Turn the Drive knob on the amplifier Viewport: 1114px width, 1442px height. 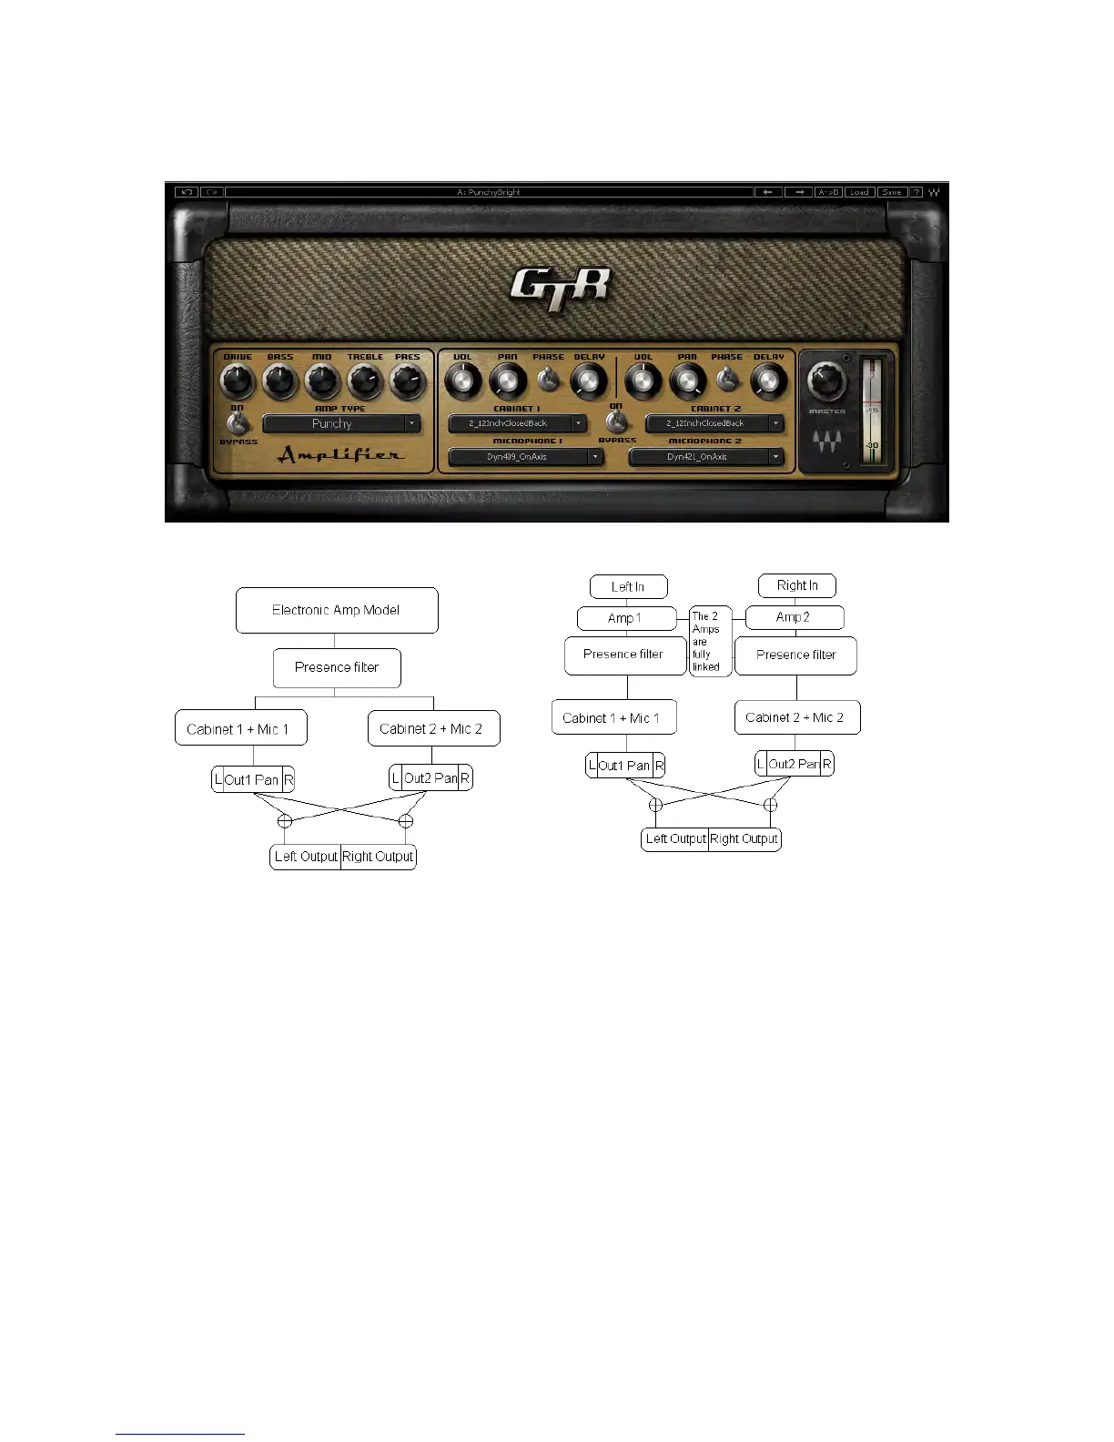tap(238, 381)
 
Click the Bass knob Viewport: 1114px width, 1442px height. tap(280, 381)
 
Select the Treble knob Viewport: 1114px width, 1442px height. tap(365, 381)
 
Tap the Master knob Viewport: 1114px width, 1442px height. tap(826, 381)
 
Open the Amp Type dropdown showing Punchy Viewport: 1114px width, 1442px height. tap(341, 423)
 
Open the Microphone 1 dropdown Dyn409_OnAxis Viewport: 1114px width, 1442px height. tap(525, 457)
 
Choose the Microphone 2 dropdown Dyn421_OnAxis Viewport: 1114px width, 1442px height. tap(705, 457)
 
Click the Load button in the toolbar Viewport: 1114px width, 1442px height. tap(858, 192)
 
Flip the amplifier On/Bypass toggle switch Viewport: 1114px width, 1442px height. tap(238, 423)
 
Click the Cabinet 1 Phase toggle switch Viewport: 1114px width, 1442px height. tap(549, 380)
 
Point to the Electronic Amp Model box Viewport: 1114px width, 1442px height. tap(337, 610)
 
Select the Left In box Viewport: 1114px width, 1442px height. tap(628, 586)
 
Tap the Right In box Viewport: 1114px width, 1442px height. tap(797, 585)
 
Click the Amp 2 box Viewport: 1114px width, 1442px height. tap(794, 617)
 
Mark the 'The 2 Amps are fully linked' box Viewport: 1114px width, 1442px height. tap(709, 641)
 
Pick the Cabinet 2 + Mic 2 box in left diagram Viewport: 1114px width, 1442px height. tap(433, 728)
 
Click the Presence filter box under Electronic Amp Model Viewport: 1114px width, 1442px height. tap(337, 667)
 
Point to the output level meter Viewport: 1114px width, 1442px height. tap(872, 411)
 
